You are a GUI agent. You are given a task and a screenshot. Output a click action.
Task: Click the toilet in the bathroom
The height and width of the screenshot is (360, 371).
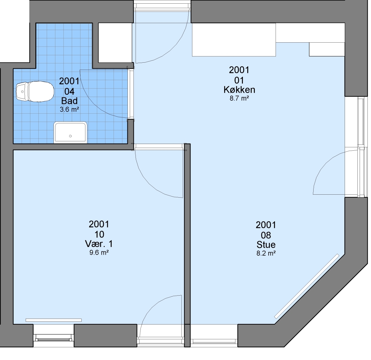(35, 91)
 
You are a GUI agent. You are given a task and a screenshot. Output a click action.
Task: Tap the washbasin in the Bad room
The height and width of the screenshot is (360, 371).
(70, 132)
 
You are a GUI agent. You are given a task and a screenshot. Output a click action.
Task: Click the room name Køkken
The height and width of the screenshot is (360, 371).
(239, 90)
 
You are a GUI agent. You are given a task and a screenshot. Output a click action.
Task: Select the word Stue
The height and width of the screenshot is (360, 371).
(266, 244)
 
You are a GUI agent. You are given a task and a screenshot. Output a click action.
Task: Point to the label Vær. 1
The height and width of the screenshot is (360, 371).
(99, 243)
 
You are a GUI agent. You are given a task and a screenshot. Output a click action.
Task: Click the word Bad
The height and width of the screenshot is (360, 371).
(69, 101)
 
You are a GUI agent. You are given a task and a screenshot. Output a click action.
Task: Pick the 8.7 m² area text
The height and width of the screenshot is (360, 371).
(239, 98)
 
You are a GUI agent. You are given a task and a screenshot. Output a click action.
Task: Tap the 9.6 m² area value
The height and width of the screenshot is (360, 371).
(99, 252)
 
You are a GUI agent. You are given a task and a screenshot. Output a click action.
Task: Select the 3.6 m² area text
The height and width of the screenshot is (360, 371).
(69, 109)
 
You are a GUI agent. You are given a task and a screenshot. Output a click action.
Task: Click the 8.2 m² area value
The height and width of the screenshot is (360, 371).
(266, 253)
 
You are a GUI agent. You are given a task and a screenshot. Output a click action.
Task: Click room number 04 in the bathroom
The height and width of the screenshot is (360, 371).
(69, 91)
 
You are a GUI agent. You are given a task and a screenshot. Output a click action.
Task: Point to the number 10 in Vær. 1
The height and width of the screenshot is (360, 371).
(99, 234)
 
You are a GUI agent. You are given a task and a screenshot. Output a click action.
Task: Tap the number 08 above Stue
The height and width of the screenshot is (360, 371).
(266, 235)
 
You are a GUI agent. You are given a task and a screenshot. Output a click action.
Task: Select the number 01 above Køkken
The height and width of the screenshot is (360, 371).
(239, 80)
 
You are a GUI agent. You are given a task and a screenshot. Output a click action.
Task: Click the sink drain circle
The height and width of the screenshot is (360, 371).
(70, 136)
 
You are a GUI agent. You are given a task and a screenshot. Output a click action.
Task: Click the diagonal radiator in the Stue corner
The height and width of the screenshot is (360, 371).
(307, 286)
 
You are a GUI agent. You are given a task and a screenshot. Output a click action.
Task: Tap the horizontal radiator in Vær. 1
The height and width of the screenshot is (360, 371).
(54, 320)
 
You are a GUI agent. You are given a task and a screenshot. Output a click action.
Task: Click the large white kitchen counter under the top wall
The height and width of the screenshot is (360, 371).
(234, 40)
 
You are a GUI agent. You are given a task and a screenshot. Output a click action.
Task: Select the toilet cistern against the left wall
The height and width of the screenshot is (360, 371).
(22, 91)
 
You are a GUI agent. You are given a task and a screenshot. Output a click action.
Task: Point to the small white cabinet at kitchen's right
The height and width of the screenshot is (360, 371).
(327, 49)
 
